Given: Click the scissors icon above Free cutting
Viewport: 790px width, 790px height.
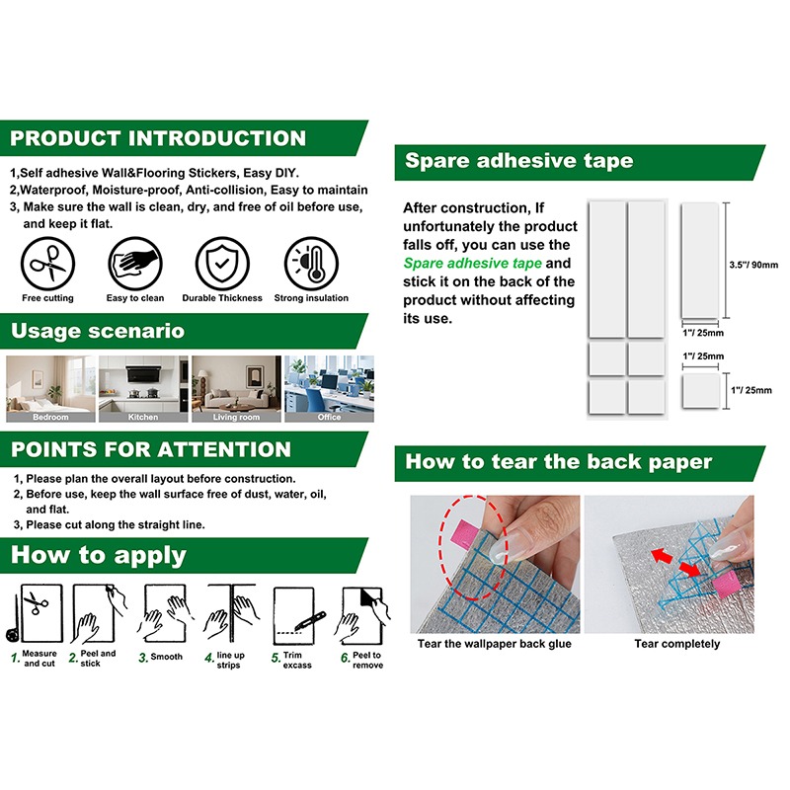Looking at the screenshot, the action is point(47,264).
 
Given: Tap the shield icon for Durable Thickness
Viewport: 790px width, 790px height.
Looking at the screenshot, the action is point(222,264).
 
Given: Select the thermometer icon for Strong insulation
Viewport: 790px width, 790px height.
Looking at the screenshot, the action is point(311,264).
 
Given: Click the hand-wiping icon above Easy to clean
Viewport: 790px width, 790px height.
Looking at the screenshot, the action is point(135,264).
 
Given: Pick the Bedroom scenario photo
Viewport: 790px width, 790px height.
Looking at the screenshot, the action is point(50,388).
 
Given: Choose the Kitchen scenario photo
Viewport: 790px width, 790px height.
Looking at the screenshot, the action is point(143,388).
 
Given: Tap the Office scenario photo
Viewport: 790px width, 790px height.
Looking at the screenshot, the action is point(330,388).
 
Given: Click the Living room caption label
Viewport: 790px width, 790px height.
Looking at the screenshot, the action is point(236,417).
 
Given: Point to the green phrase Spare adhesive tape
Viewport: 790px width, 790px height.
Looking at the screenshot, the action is point(473,264).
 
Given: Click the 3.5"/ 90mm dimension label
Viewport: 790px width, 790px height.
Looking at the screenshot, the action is point(753,265).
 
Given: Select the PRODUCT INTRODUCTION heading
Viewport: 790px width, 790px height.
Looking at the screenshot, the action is point(158,138).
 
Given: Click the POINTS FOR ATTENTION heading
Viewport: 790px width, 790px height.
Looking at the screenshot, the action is point(151,449).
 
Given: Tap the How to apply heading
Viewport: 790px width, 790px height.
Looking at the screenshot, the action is point(99,556).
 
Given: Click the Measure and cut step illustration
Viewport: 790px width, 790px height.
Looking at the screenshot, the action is point(35,613).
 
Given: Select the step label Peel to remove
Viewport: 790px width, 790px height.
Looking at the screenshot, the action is point(367,660).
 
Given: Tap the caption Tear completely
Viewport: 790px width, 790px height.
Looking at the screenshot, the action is point(677,644).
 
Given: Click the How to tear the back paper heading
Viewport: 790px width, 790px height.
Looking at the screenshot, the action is point(558,462).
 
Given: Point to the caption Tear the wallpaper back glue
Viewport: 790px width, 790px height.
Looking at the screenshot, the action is point(495,644).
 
